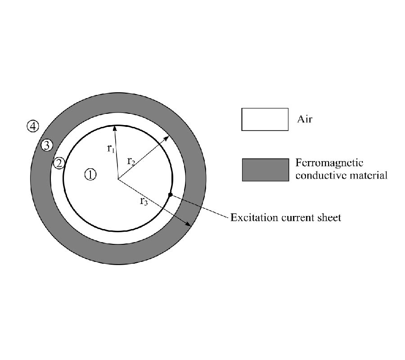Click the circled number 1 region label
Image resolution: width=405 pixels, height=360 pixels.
coord(90,175)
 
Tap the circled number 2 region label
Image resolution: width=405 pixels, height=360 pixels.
coord(59,163)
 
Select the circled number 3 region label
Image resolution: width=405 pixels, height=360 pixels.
coord(47,145)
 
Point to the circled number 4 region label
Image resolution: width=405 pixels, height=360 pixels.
coord(33,126)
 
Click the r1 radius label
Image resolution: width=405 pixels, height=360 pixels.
coord(111,148)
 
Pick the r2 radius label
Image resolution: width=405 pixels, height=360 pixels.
coord(131,161)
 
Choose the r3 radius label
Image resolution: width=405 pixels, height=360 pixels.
coord(144,201)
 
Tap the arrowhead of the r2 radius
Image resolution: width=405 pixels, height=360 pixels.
coord(166,138)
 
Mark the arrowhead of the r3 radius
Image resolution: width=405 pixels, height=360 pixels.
coord(188,224)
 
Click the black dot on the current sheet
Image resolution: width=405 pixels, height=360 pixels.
coord(170,195)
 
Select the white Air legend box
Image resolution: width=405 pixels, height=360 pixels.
coord(265,119)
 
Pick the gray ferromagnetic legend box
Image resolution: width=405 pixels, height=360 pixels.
coord(265,170)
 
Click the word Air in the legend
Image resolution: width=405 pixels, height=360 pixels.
coord(305,119)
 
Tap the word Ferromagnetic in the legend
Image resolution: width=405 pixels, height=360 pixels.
coord(329,163)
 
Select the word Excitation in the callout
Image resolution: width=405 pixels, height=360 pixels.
coord(254,217)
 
